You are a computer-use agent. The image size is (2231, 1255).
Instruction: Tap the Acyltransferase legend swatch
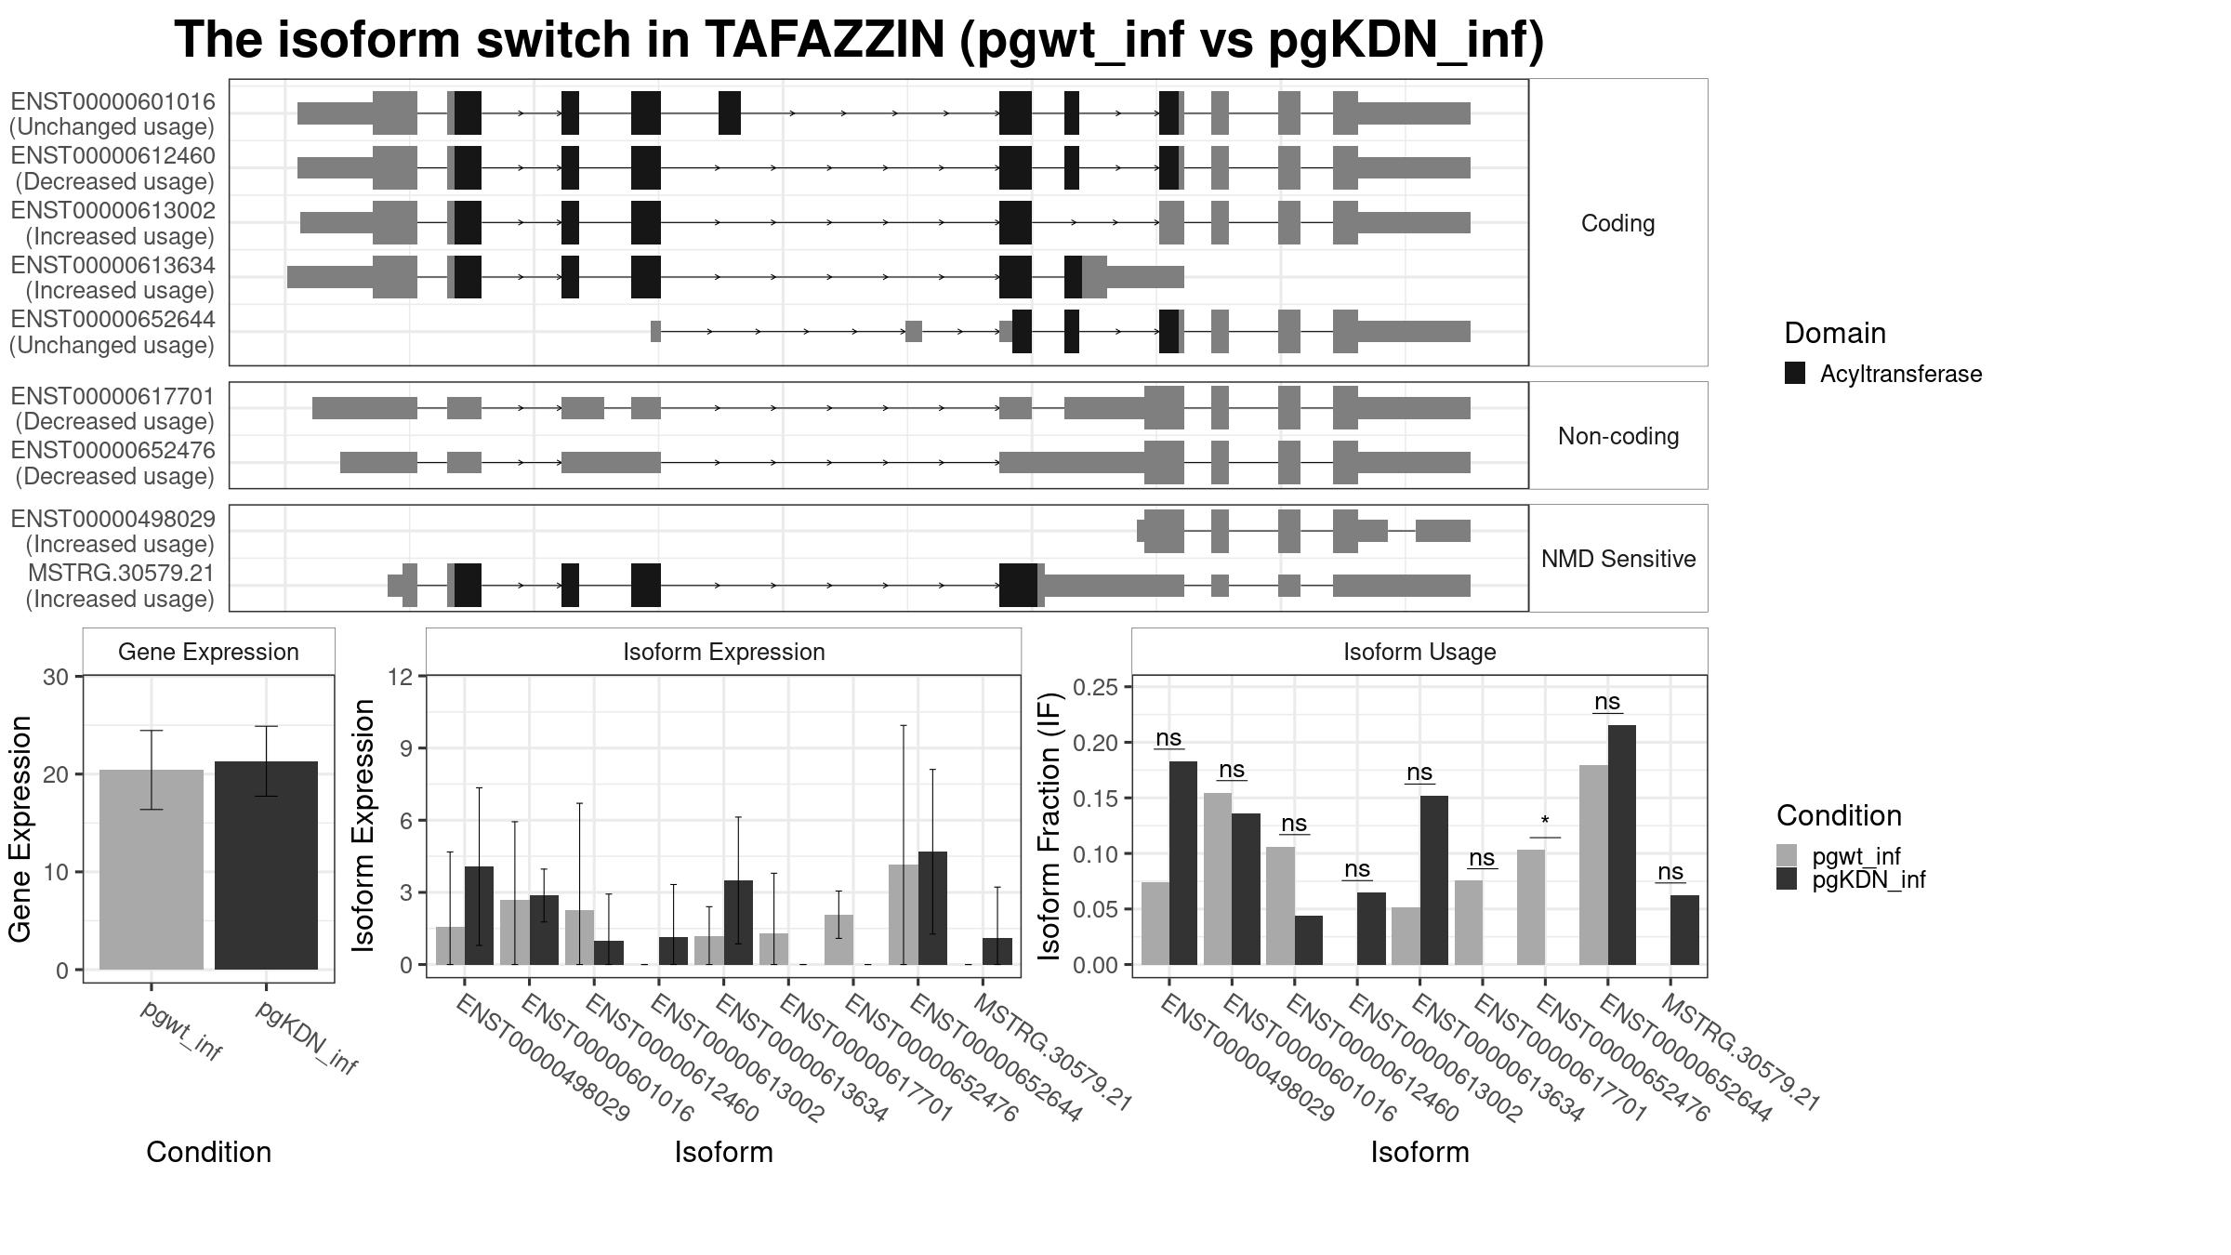(1794, 374)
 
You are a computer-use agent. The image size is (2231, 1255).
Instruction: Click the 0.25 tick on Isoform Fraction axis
(1095, 687)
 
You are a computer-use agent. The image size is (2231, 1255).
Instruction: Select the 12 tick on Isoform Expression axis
(402, 677)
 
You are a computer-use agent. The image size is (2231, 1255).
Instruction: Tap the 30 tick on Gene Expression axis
(56, 677)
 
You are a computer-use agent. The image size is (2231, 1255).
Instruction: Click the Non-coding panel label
(1617, 436)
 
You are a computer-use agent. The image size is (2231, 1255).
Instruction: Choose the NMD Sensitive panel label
(1617, 559)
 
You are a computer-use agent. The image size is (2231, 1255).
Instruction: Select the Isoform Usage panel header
(1419, 652)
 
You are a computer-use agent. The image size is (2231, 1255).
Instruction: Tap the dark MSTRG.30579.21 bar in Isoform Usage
(1684, 930)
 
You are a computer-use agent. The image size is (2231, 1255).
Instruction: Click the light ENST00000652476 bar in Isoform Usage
(1531, 906)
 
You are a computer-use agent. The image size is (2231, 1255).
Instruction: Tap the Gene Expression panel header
(208, 652)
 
